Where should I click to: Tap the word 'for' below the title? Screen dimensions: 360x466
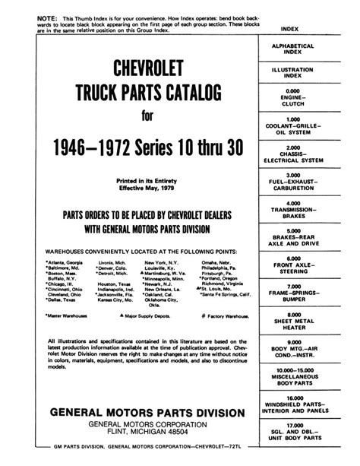pyautogui.click(x=150, y=117)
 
